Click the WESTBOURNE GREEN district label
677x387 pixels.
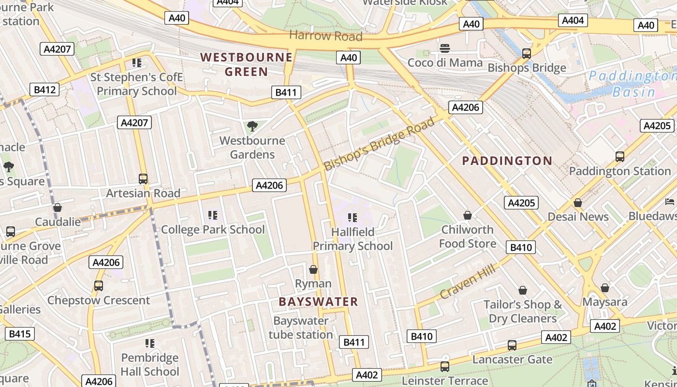tap(247, 64)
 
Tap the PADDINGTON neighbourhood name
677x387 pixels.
tap(507, 161)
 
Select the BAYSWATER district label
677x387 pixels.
tap(318, 301)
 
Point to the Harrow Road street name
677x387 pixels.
tap(325, 35)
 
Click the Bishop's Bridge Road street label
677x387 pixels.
tap(379, 144)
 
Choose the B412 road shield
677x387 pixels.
tap(44, 89)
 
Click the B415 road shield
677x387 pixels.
tap(20, 333)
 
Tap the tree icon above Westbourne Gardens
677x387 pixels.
tap(252, 126)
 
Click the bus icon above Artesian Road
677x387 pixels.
tap(143, 179)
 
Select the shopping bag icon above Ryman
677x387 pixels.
tap(313, 269)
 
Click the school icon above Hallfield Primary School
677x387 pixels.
tap(353, 218)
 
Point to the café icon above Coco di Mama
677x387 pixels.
tap(445, 48)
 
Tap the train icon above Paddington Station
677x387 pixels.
tap(620, 156)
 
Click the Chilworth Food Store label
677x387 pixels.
tap(467, 236)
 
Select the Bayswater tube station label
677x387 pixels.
tap(301, 327)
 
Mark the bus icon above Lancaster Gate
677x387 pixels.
tap(512, 345)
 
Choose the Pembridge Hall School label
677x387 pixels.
tap(150, 364)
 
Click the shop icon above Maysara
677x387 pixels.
tap(604, 288)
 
